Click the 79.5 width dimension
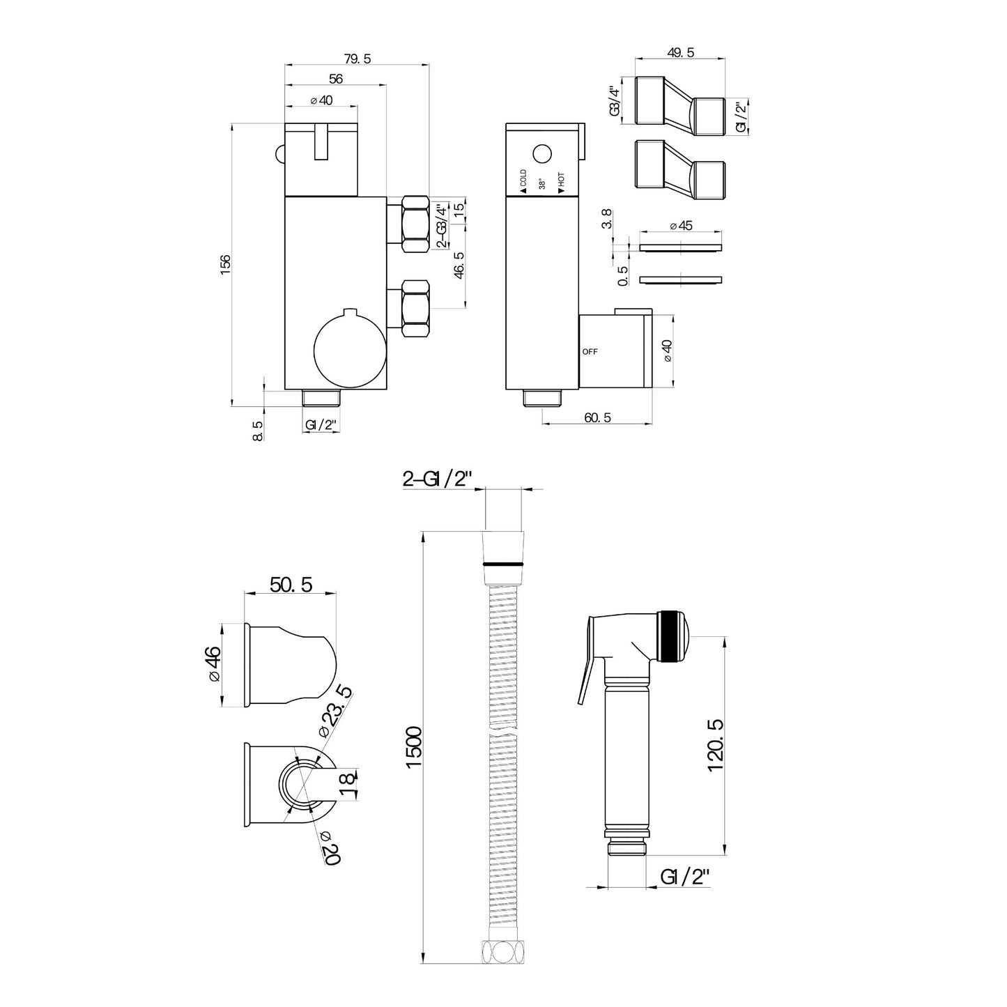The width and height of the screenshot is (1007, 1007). click(358, 59)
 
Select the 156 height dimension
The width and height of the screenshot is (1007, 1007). click(225, 264)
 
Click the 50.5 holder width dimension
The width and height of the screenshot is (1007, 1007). click(291, 585)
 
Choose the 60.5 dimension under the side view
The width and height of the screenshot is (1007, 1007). click(597, 417)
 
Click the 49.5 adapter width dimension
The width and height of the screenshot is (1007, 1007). click(681, 52)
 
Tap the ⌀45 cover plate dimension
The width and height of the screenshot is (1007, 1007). click(681, 225)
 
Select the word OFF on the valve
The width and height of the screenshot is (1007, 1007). click(590, 352)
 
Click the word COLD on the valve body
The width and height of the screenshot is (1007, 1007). click(523, 178)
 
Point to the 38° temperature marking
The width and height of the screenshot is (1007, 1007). click(542, 184)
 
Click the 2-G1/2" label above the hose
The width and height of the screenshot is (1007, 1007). click(437, 479)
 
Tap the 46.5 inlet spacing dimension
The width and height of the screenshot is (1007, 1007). click(459, 265)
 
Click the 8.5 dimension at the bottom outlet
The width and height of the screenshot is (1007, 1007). click(258, 431)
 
